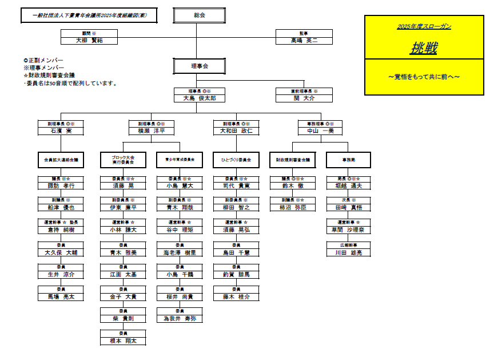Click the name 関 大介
pos(304,98)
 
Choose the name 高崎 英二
pos(304,41)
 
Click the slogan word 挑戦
pos(423,48)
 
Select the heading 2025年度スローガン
pos(424,27)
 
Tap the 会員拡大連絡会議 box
pos(61,160)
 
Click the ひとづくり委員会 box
pos(236,160)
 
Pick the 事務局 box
pos(349,160)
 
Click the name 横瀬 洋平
pos(152,131)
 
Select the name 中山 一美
pos(320,131)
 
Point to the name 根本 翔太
pos(124,341)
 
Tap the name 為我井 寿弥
pos(180,319)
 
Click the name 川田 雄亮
pos(349,252)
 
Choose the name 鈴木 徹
pos(292,186)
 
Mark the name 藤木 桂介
pos(236,297)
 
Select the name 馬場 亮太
pos(61,297)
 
